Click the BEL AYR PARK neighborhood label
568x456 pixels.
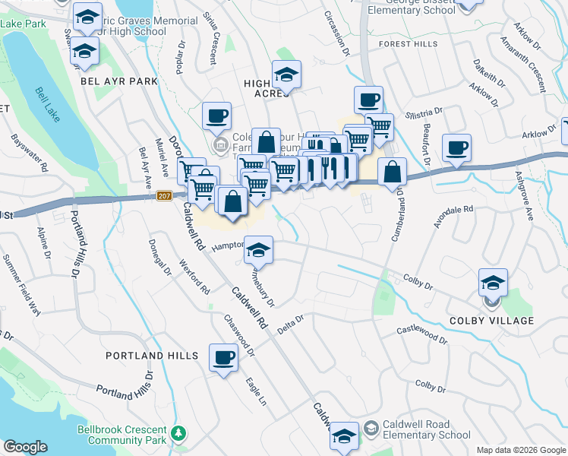118,81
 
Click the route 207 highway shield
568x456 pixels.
164,196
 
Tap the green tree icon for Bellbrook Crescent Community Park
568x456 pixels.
178,434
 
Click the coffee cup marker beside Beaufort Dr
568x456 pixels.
456,147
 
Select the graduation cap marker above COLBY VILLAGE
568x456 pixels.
493,283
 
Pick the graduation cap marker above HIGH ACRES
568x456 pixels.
286,74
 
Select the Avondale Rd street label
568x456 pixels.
455,211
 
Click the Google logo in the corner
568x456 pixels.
25,447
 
